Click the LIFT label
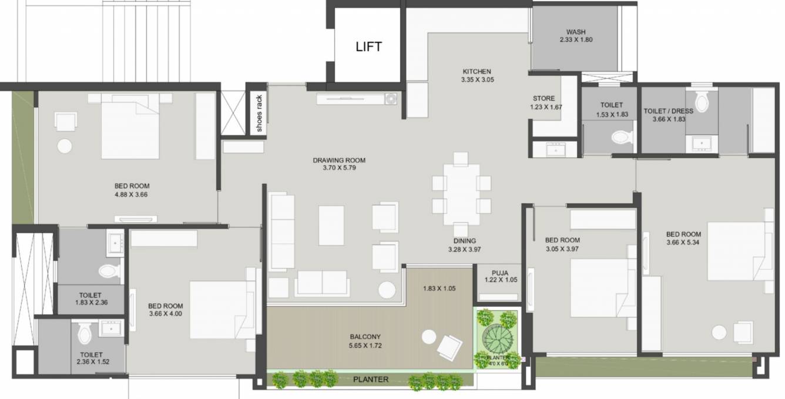(368, 47)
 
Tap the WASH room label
(576, 32)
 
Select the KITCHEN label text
(477, 72)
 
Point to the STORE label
(544, 99)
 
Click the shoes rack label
(259, 114)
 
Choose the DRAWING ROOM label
(339, 160)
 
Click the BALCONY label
(365, 337)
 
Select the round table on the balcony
(428, 337)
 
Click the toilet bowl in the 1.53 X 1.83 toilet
(621, 138)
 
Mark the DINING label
(464, 241)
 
